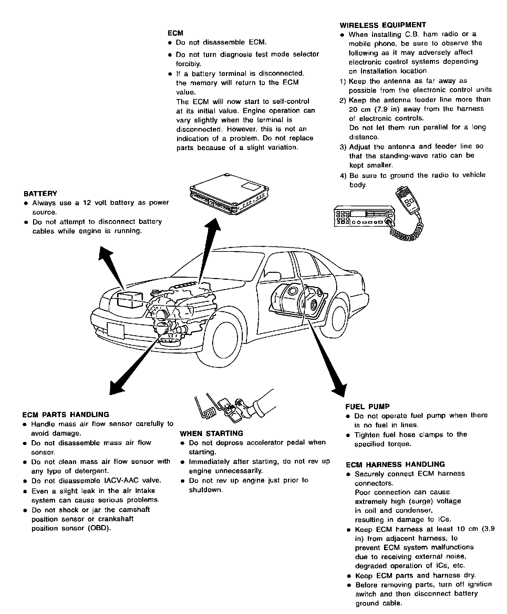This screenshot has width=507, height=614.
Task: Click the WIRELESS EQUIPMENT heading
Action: (x=382, y=25)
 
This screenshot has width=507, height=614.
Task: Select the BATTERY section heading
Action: (x=40, y=194)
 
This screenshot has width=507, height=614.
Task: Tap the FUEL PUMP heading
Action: (x=368, y=406)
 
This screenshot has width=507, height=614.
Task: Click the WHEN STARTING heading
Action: (x=211, y=434)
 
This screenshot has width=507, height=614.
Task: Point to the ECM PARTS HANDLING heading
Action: (x=65, y=415)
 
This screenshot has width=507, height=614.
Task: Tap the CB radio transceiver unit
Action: (x=363, y=216)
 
